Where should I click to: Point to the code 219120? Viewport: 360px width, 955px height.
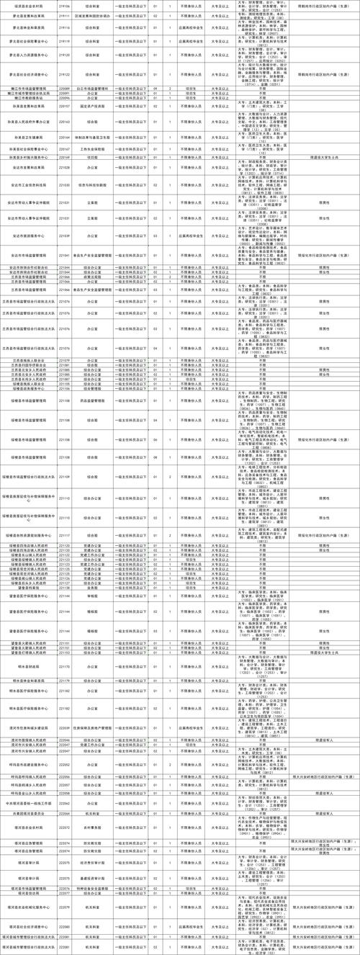click(64, 55)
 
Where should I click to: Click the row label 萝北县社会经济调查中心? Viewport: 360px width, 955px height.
click(30, 73)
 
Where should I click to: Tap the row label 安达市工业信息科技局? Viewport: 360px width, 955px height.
click(30, 184)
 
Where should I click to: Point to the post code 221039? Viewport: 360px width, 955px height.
click(64, 235)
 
